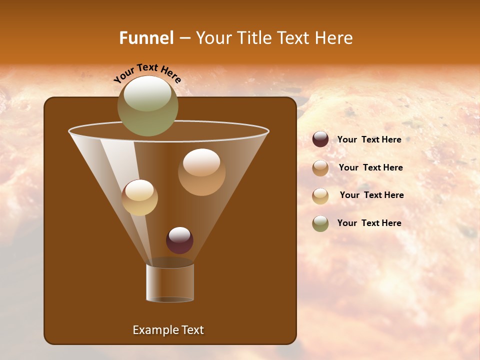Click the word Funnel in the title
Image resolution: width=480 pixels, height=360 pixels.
146,38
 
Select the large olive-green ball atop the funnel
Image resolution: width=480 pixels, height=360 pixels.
148,106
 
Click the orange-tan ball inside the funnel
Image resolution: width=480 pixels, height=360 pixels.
201,172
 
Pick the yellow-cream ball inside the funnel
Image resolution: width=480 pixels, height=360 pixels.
139,197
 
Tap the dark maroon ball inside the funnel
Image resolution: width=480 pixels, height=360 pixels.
179,240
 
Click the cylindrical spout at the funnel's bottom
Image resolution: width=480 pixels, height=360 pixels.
170,282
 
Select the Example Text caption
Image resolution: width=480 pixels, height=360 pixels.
168,330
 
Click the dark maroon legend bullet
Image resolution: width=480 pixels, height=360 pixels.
320,139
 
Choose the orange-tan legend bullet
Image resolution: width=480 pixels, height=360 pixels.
320,168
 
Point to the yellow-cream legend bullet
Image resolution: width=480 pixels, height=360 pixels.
320,196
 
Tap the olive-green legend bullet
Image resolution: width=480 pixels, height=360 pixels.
320,223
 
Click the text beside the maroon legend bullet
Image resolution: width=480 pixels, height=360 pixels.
369,140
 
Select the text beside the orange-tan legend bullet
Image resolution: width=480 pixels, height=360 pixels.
370,168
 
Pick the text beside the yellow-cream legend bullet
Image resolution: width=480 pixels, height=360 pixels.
371,195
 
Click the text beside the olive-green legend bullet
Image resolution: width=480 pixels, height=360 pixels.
369,223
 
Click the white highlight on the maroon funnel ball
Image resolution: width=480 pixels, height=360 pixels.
179,234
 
